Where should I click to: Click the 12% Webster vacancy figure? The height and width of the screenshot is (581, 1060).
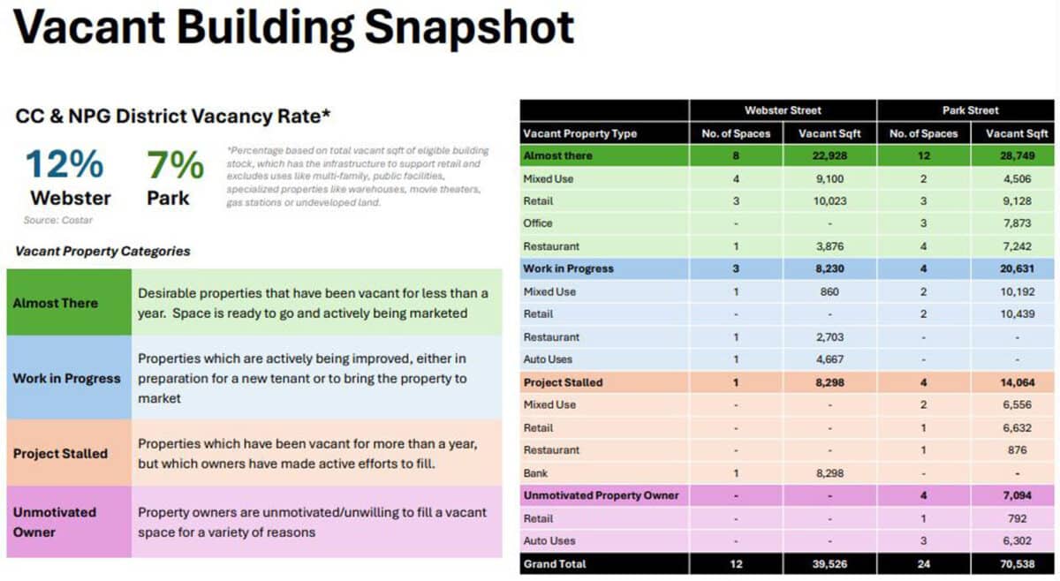tap(64, 163)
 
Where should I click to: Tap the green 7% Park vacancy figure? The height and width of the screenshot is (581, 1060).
tap(175, 164)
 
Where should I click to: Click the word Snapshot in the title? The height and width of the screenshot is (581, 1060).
tap(469, 27)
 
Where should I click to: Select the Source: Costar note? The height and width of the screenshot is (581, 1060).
tap(58, 220)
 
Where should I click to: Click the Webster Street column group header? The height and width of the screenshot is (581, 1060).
tap(783, 110)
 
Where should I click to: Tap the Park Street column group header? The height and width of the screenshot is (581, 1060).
tap(970, 110)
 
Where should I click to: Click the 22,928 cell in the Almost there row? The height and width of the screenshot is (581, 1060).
tap(829, 155)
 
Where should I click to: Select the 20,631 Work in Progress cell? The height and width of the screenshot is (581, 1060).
tap(1017, 268)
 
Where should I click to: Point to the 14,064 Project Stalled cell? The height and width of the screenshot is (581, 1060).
tap(1017, 382)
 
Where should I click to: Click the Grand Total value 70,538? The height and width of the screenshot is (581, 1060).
tap(1017, 564)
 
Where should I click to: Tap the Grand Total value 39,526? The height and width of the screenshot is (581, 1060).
tap(829, 564)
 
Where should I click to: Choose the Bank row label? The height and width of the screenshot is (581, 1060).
tap(535, 473)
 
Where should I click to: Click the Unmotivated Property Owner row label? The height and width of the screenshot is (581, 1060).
tap(601, 495)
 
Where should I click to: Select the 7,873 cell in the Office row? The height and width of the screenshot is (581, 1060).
tap(1017, 223)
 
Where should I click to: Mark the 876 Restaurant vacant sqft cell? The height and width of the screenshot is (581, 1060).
tap(1017, 450)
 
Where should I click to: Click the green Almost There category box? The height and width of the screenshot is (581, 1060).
tap(69, 302)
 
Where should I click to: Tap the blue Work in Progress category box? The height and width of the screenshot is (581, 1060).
tap(69, 378)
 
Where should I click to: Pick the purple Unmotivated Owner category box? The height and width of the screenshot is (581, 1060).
tap(69, 521)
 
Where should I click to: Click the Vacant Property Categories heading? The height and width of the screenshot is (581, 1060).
tap(102, 252)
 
